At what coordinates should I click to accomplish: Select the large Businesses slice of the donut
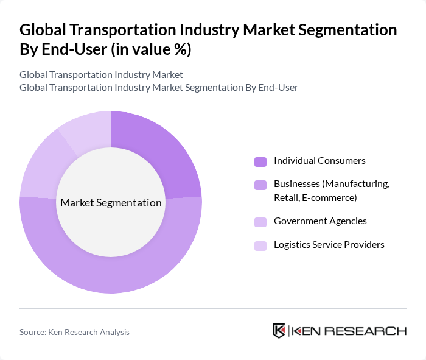pos(122,269)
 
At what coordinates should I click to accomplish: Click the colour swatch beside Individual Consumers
pos(260,161)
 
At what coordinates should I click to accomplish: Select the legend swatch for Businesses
pos(260,185)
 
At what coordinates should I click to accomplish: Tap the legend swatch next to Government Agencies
pos(260,222)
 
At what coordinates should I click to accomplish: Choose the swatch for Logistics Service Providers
pos(260,245)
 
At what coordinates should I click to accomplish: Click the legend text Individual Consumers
pos(319,161)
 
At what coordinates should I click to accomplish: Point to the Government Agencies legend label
pos(320,221)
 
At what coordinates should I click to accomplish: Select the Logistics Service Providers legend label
pos(329,245)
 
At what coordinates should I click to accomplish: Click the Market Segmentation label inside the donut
pos(111,203)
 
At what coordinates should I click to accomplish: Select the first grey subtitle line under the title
pos(101,75)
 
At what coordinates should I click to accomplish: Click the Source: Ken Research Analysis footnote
pos(74,332)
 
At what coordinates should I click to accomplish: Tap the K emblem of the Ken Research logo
pos(279,331)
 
